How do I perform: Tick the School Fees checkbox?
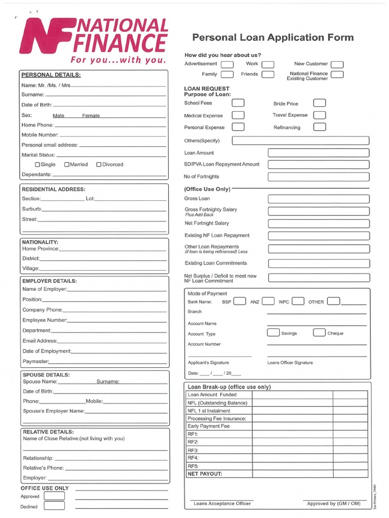pos(238,103)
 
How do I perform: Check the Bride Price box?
pos(319,103)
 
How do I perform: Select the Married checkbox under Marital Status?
pos(67,164)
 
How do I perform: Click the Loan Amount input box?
pos(319,153)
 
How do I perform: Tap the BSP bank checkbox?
pos(240,301)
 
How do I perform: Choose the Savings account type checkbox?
pos(273,333)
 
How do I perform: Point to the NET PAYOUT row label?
pos(205,474)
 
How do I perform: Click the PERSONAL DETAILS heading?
pos(51,75)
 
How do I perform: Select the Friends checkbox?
pos(268,74)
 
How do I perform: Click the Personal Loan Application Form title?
pos(273,37)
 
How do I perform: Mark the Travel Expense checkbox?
pos(319,115)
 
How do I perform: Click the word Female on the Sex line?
pos(91,116)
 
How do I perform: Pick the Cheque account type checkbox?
pos(319,333)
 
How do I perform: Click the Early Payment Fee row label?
pos(208,426)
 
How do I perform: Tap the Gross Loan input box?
pos(319,199)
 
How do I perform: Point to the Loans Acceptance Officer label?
pos(222,503)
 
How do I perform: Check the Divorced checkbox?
pos(99,164)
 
